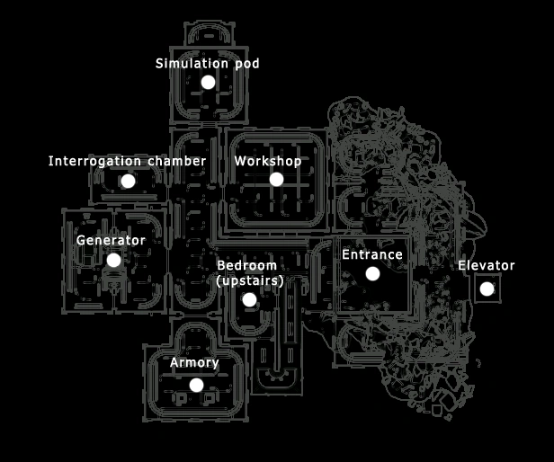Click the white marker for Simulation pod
[208, 82]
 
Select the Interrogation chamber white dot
[128, 181]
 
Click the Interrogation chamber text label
[127, 161]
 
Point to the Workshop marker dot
[276, 179]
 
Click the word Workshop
[267, 161]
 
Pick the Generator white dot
[113, 260]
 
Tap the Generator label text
[111, 240]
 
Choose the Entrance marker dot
[372, 273]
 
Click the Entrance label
[372, 255]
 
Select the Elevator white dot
[487, 289]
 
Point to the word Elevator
[487, 265]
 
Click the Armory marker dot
[196, 385]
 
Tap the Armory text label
[194, 363]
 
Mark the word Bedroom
[246, 266]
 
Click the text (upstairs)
[250, 280]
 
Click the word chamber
[176, 161]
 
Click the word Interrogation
[94, 161]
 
